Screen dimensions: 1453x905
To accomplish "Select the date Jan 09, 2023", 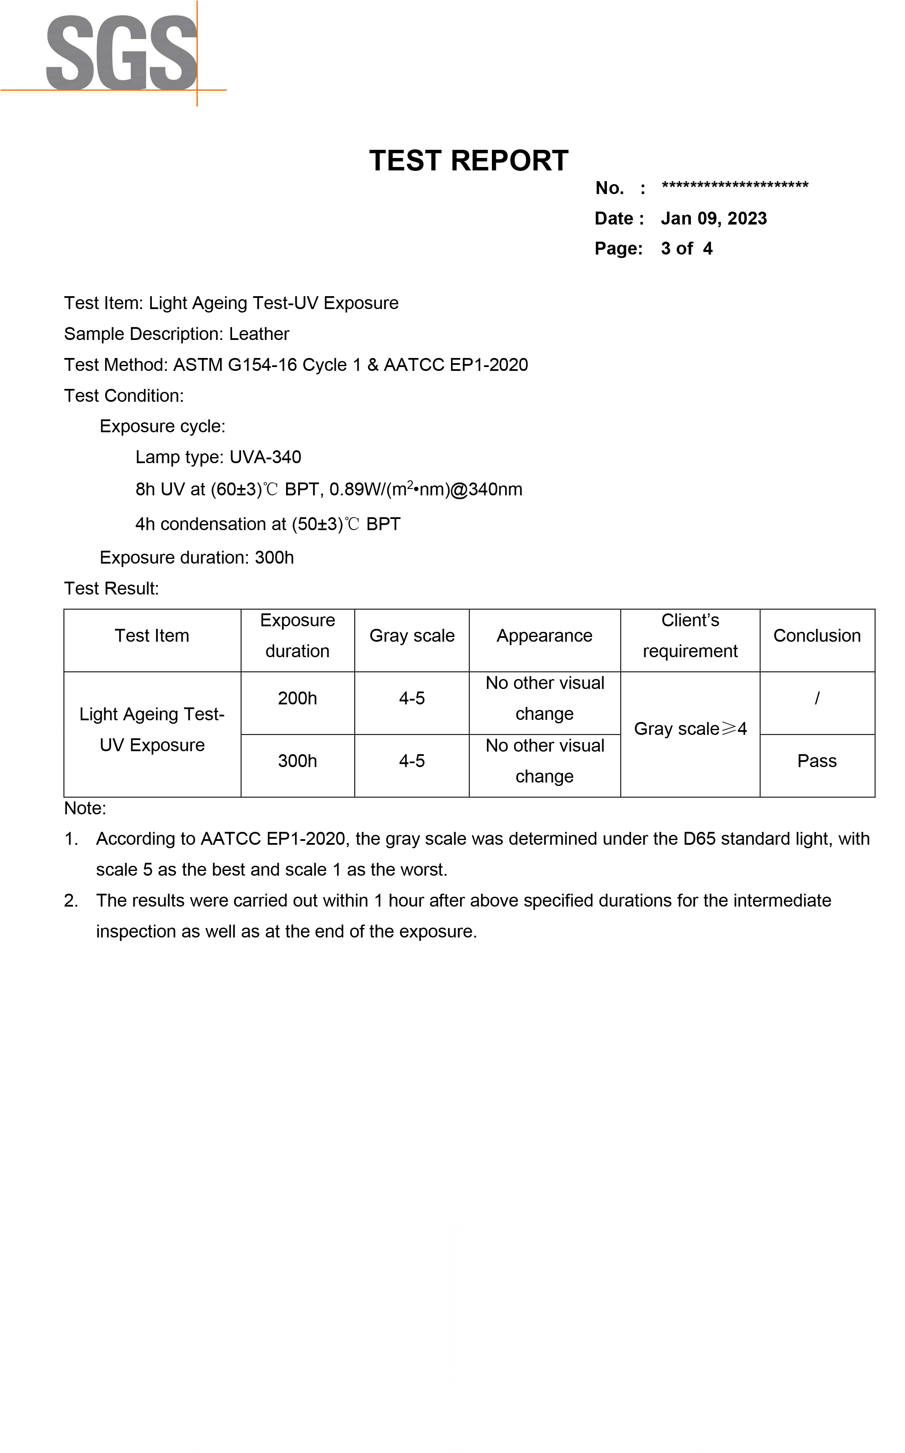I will (713, 218).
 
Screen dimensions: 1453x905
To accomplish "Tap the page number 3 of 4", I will (687, 249).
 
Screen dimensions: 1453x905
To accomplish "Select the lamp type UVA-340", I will (265, 458).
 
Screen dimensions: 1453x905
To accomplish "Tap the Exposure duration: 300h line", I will (196, 558).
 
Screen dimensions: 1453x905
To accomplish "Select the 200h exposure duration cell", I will (298, 698).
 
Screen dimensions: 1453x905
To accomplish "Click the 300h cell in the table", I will (298, 761).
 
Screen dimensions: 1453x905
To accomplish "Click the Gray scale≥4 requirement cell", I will (690, 729).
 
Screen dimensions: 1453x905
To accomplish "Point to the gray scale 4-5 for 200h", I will (412, 698).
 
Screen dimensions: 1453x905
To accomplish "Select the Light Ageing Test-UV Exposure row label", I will (152, 729).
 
